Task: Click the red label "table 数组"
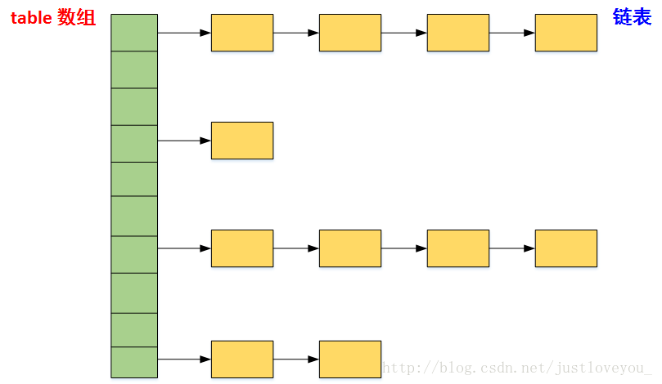point(52,18)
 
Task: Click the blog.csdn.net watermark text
point(517,368)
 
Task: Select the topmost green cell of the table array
point(134,33)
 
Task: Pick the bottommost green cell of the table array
point(134,362)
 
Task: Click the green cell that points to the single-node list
point(134,143)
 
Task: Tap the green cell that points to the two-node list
point(134,362)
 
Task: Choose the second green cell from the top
point(134,69)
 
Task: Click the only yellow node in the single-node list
point(242,141)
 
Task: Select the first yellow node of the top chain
point(242,33)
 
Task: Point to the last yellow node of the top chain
point(566,33)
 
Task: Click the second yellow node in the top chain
point(350,33)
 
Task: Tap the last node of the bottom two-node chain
point(350,359)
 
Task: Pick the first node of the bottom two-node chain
point(242,359)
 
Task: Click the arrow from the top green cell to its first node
point(184,33)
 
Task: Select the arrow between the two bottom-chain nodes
point(296,359)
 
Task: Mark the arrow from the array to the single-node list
point(184,141)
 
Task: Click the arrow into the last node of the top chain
point(512,33)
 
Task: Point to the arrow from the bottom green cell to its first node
point(184,359)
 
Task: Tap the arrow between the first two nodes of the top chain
point(296,33)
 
